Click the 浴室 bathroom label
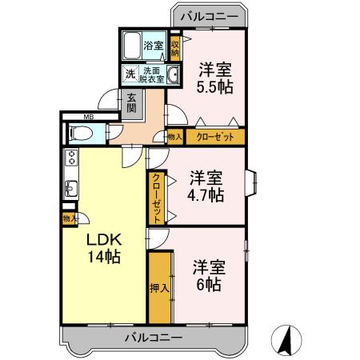[x=153, y=46]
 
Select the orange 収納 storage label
[x=174, y=46]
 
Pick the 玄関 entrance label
[x=130, y=103]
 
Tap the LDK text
[x=104, y=241]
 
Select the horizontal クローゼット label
[x=215, y=137]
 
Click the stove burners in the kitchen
[x=70, y=158]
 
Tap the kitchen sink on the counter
[x=70, y=189]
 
